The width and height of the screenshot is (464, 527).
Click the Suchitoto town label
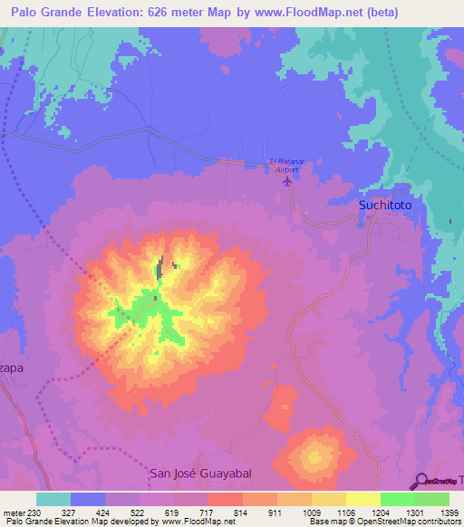[x=385, y=206]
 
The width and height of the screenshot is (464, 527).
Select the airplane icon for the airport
[x=288, y=180]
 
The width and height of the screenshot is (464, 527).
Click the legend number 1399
[x=448, y=512]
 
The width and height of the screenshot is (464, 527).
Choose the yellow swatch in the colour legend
[x=362, y=499]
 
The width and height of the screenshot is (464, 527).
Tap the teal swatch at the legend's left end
[x=53, y=499]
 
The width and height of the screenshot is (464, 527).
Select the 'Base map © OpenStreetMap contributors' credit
[x=383, y=522]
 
